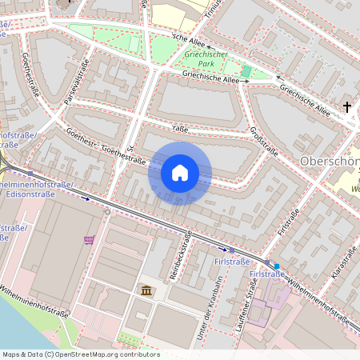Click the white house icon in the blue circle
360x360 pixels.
point(180,173)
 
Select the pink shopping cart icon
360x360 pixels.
point(89,238)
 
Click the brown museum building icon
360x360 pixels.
point(147,289)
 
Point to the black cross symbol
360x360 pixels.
point(347,106)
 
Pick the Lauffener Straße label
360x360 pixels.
point(246,307)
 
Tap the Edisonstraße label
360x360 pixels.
point(30,194)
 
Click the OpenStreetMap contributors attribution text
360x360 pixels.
point(80,354)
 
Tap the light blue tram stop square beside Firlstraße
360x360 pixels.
point(277,266)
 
